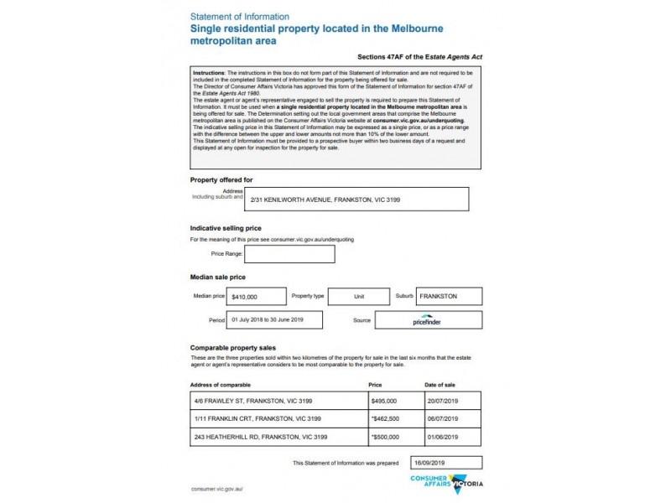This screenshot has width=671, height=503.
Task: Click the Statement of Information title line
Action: tap(240, 17)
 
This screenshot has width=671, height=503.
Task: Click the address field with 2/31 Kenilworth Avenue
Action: tap(357, 200)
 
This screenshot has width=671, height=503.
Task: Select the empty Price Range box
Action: tap(289, 254)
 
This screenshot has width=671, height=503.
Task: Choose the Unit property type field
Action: tap(358, 297)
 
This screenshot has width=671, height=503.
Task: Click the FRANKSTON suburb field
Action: tap(449, 297)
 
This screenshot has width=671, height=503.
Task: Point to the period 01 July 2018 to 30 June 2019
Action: tap(277, 319)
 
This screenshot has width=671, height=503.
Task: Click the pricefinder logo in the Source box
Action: tap(429, 320)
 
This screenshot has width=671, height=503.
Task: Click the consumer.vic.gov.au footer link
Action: tap(217, 488)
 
